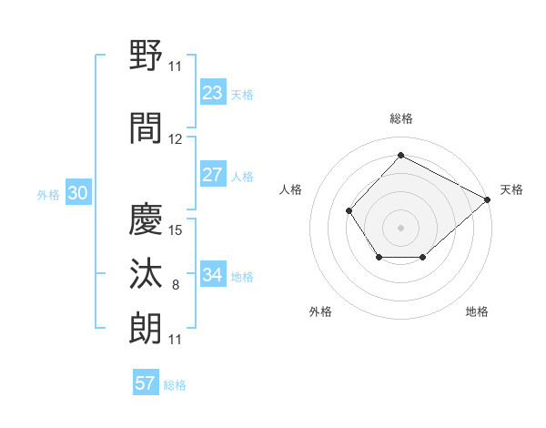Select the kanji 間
click(x=147, y=128)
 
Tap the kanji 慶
click(x=147, y=219)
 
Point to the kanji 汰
click(x=147, y=273)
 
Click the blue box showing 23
click(x=213, y=93)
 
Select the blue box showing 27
click(x=213, y=175)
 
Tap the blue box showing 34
click(x=213, y=275)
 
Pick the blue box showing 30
click(x=77, y=193)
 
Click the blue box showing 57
click(x=146, y=383)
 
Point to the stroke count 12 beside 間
click(x=176, y=139)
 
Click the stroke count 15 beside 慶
click(x=177, y=229)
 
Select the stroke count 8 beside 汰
click(x=176, y=285)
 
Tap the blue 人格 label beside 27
click(x=242, y=177)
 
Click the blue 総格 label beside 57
click(x=175, y=385)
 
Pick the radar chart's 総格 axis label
click(x=400, y=118)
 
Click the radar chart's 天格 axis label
click(x=511, y=189)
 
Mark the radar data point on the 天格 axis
click(x=488, y=199)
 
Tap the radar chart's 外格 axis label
click(x=320, y=311)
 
